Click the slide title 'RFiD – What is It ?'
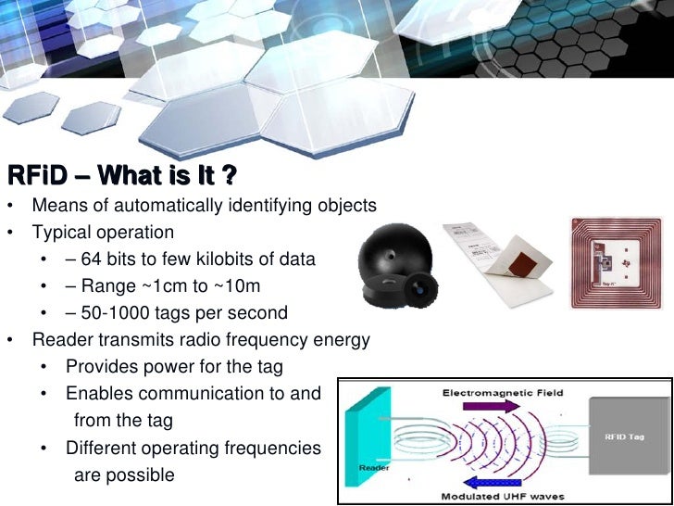tap(121, 175)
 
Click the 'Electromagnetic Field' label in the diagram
tap(504, 393)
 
